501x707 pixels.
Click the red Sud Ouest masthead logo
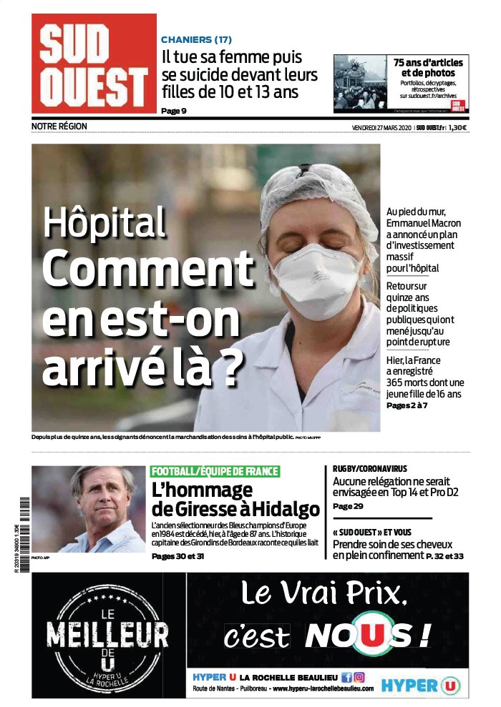[94, 64]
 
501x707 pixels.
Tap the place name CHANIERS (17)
[196, 40]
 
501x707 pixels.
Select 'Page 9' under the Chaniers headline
[174, 110]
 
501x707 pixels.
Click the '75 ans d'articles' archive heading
[428, 63]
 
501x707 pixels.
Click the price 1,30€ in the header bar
[458, 127]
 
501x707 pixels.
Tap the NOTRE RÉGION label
[59, 127]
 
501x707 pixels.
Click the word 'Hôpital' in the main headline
[104, 222]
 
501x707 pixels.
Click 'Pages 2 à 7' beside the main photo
[407, 405]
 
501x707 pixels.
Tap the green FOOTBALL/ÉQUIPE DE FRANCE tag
[215, 471]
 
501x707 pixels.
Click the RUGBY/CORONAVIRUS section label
[370, 469]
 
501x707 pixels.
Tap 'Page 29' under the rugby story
[348, 506]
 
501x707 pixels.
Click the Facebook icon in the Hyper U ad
[347, 676]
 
